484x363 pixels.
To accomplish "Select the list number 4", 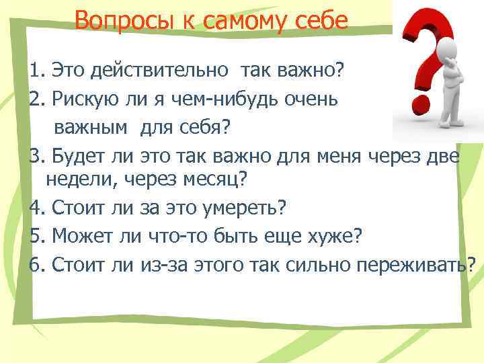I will (35, 208).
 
